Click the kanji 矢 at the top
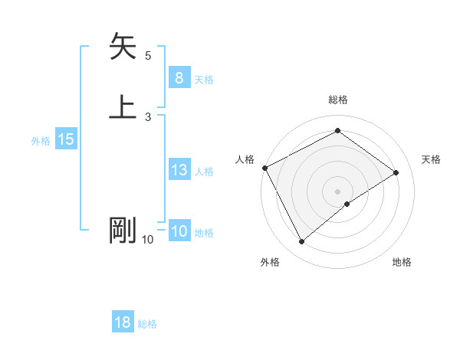[x=123, y=47]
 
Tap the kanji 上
[x=123, y=106]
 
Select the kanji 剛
[x=123, y=231]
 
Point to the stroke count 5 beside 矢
[x=148, y=56]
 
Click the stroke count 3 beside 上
[x=148, y=116]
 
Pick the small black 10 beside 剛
[x=147, y=240]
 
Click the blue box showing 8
[x=179, y=78]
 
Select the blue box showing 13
[x=179, y=170]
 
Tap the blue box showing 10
[x=179, y=231]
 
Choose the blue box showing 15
[x=66, y=139]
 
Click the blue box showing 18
[x=123, y=322]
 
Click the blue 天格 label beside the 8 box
[x=204, y=80]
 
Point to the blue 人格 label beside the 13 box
[x=204, y=172]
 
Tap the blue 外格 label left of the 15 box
[x=41, y=141]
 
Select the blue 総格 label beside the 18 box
[x=148, y=324]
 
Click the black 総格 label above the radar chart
[x=337, y=100]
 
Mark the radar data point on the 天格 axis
[x=396, y=173]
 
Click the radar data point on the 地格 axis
[x=347, y=204]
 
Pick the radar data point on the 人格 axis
[x=264, y=168]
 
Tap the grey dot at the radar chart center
[x=337, y=191]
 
